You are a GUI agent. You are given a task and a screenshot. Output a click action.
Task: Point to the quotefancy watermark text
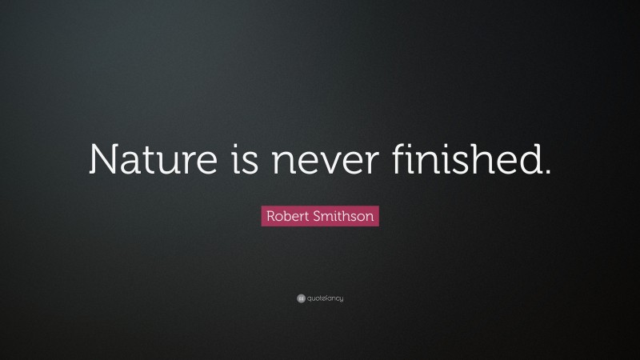tap(325, 299)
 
